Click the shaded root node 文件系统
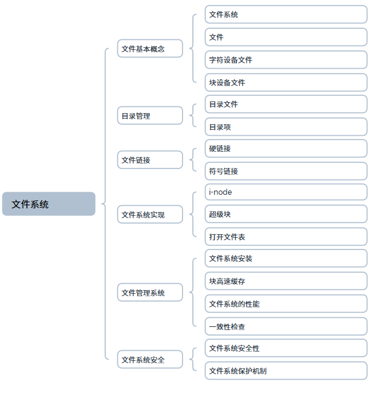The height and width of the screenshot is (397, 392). (x=49, y=204)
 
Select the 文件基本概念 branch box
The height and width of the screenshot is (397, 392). (x=150, y=49)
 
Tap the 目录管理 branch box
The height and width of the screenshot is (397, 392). (x=150, y=116)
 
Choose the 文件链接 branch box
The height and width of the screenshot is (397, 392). (x=150, y=160)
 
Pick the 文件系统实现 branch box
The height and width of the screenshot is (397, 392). (x=150, y=214)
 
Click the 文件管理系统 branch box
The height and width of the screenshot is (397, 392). (x=150, y=292)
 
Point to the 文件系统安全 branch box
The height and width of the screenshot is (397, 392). (x=150, y=360)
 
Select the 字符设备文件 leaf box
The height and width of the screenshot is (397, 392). (x=286, y=60)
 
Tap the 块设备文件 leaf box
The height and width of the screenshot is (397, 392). (x=286, y=82)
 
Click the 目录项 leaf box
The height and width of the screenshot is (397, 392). (x=286, y=127)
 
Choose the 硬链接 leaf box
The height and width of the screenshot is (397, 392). (x=286, y=148)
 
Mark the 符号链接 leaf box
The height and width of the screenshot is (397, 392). (x=286, y=171)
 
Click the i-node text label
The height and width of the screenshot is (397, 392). (x=220, y=192)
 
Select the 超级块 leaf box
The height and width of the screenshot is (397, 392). (x=286, y=214)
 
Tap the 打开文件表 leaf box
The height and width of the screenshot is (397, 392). (x=286, y=237)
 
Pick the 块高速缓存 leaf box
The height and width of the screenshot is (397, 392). (x=286, y=281)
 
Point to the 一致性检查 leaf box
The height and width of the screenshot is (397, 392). (x=286, y=326)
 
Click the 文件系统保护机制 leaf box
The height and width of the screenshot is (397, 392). (x=286, y=371)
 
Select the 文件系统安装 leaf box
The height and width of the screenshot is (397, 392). (x=286, y=258)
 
